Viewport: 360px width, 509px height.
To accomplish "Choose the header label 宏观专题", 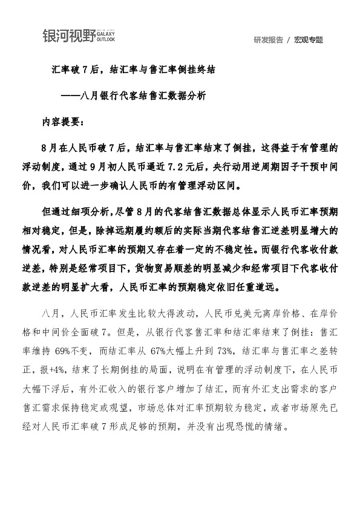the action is point(309,40).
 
